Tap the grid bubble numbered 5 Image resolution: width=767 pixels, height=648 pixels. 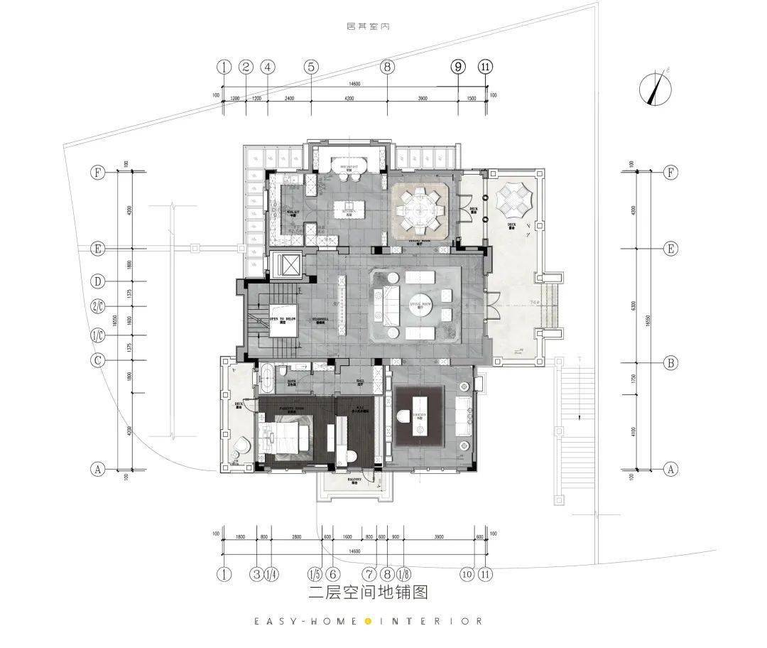pos(311,67)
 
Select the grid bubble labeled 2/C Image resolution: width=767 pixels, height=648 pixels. pos(98,307)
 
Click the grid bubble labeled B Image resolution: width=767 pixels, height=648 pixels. pos(670,363)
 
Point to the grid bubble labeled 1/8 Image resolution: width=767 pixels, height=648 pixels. pos(403,573)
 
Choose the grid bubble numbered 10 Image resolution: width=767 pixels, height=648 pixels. pos(466,573)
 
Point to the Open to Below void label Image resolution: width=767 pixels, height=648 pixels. pos(282,320)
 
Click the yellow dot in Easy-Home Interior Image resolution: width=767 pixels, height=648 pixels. pos(368,621)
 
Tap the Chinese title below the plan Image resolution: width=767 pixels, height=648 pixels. pos(368,591)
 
